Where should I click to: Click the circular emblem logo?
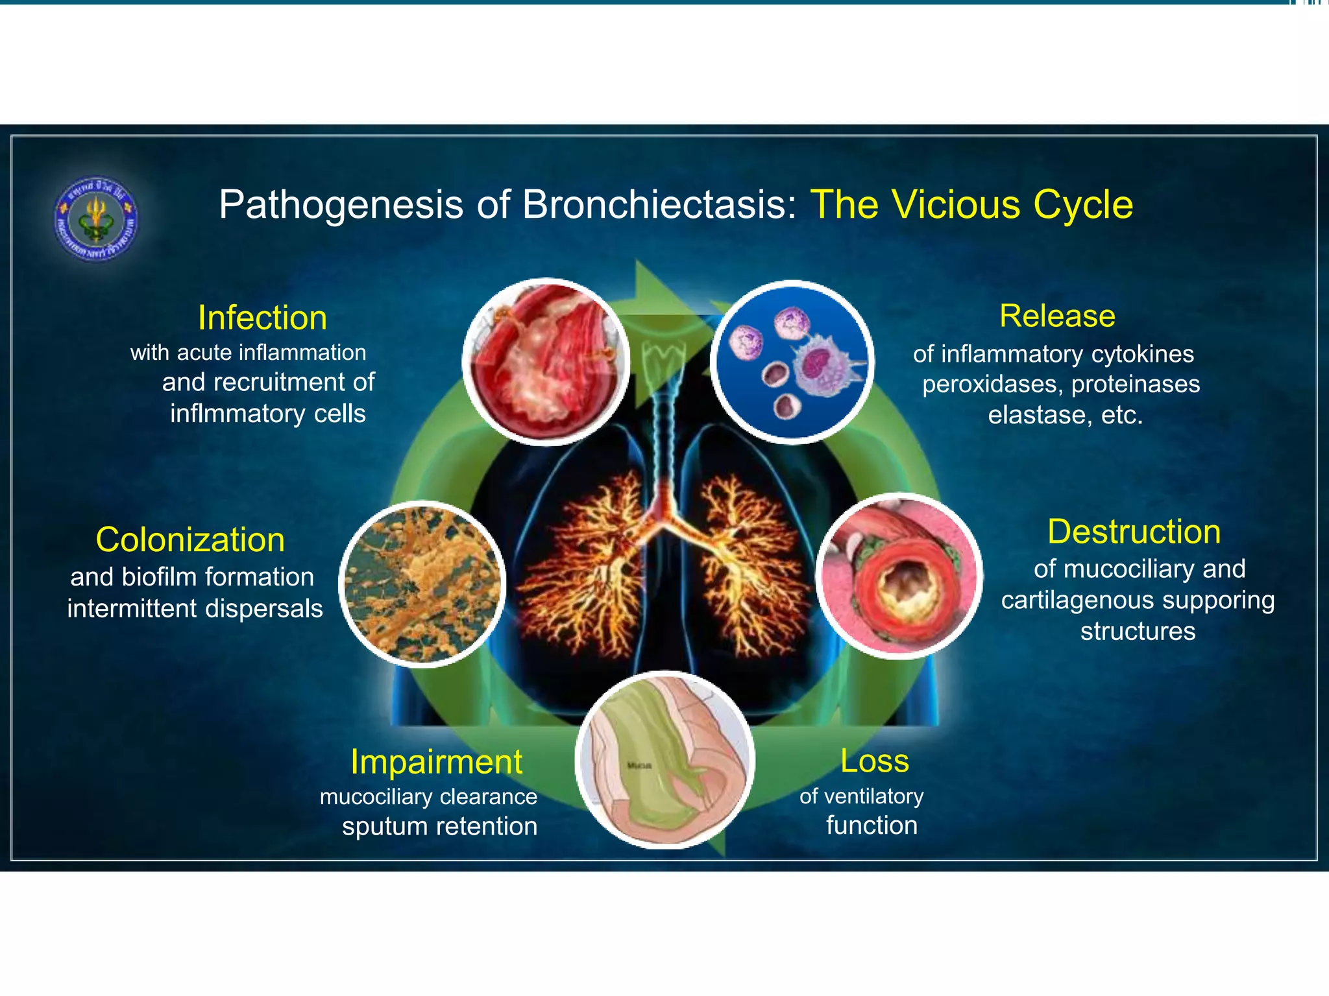pos(96,219)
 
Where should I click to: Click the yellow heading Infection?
pos(262,318)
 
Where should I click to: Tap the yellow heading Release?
pos(1057,316)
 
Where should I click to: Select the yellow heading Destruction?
pos(1134,532)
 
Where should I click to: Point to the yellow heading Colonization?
pos(190,540)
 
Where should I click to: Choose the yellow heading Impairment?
pos(436,762)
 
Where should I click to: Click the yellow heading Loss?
pos(874,761)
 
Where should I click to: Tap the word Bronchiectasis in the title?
pos(659,205)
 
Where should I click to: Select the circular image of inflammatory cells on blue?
pos(792,362)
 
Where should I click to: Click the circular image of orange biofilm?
pos(422,584)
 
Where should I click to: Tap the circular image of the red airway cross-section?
pos(899,576)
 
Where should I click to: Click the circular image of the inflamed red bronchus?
pos(546,362)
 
